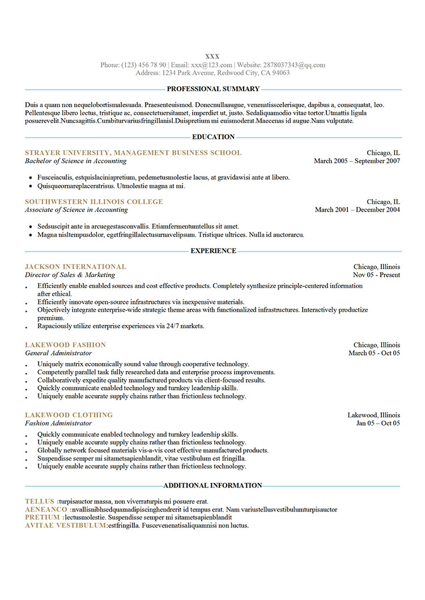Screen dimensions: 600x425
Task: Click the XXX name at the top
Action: (212, 56)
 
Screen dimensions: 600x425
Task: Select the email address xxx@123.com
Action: (211, 65)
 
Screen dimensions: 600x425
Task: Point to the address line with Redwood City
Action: (212, 73)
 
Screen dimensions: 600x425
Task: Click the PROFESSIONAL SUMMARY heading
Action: (213, 89)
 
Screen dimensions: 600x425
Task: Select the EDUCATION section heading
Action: (213, 137)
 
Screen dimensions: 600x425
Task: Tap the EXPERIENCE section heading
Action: (213, 251)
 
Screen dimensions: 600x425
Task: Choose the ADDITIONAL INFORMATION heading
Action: (212, 485)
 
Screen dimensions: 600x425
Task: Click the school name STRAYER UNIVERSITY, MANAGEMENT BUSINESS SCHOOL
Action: (133, 153)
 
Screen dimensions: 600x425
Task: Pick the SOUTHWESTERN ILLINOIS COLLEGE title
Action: (94, 201)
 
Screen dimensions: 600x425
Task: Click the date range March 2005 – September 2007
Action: (357, 161)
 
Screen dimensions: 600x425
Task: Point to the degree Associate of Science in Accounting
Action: (76, 210)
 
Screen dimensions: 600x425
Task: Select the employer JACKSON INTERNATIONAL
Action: (75, 267)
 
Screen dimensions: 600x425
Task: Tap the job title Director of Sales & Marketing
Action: (70, 275)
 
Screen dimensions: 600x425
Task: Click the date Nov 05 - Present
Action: (376, 275)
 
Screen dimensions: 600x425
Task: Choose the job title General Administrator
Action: (58, 353)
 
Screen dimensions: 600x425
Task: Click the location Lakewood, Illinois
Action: (373, 415)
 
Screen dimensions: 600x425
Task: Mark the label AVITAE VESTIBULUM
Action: (66, 525)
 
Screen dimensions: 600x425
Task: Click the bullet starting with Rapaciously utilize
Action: (121, 326)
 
